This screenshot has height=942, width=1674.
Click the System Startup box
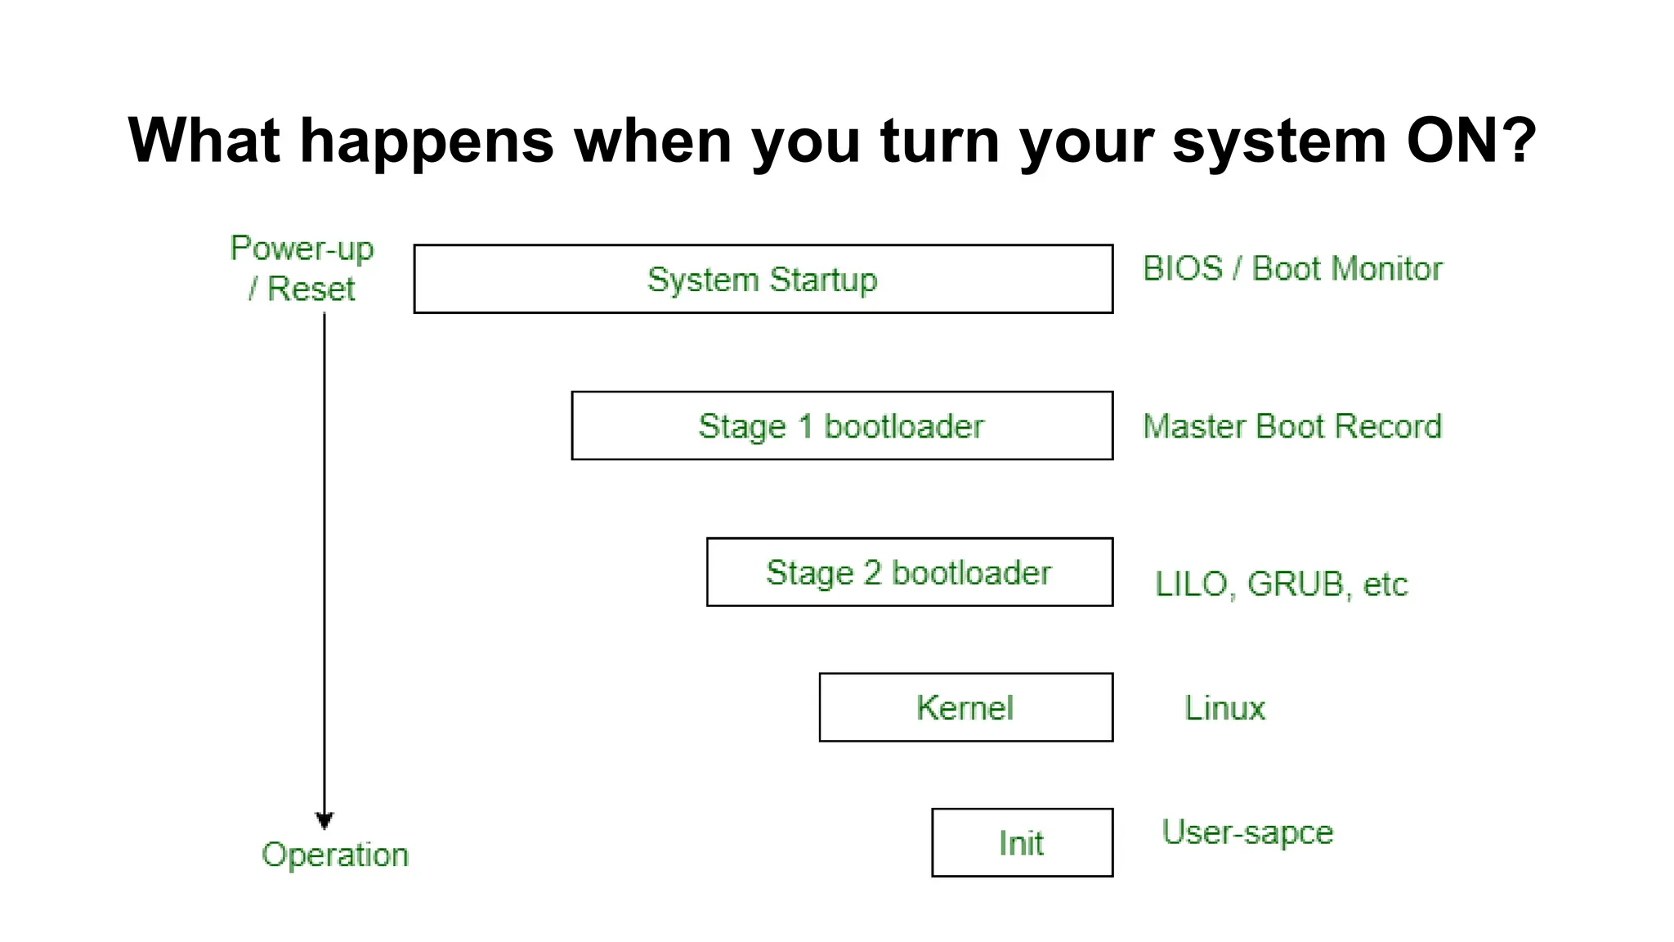(763, 279)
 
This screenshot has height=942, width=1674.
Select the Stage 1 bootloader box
(842, 426)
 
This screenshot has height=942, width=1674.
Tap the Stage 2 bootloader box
(909, 572)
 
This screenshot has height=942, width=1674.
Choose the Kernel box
(965, 707)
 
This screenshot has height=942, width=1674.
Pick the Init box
(1022, 843)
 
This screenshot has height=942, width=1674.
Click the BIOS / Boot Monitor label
(1292, 269)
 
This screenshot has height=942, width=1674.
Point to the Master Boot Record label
(1291, 426)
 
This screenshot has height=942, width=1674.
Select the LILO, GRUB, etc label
(1281, 584)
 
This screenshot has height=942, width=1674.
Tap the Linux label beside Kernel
(1224, 708)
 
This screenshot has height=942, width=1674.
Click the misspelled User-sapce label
(1247, 832)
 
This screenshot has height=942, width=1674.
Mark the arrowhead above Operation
(325, 821)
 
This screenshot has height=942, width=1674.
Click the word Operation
(335, 855)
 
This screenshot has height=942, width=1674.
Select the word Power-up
(302, 249)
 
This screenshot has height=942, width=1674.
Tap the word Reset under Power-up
(311, 289)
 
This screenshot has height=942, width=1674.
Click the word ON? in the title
(1471, 141)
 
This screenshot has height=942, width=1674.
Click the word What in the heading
(204, 141)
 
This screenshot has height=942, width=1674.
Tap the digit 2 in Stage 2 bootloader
(872, 572)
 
